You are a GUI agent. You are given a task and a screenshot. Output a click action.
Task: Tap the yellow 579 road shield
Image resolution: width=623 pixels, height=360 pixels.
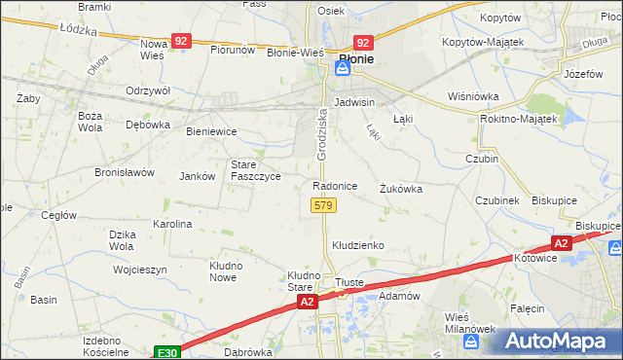pyautogui.click(x=324, y=205)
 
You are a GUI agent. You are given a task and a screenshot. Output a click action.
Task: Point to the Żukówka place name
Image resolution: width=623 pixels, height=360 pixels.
pyautogui.click(x=401, y=189)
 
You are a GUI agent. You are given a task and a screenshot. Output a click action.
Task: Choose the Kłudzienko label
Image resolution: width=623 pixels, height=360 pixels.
pyautogui.click(x=358, y=245)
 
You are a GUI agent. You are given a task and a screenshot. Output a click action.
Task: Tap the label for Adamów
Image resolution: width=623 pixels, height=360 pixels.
pyautogui.click(x=398, y=295)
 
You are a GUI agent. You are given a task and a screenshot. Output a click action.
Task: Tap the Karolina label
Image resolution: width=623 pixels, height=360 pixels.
pyautogui.click(x=172, y=223)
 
